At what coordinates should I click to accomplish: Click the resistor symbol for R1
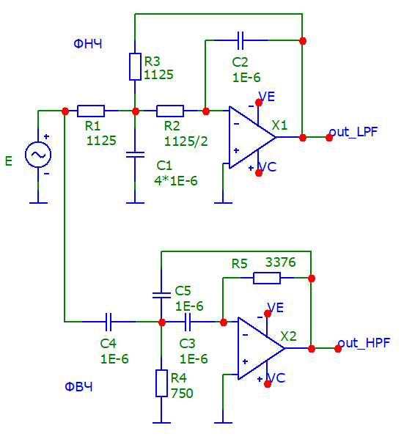click(x=91, y=111)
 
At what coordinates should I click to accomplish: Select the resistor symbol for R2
click(x=170, y=111)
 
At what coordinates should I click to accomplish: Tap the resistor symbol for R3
click(x=135, y=67)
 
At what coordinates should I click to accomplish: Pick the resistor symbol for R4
click(x=161, y=383)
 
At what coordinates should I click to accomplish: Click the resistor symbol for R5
click(x=267, y=278)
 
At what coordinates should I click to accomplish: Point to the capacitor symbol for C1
click(x=135, y=155)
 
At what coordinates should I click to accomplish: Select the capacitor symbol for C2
click(x=240, y=40)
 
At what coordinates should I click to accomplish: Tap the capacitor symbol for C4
click(x=109, y=322)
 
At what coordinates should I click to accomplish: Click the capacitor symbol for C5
click(x=161, y=295)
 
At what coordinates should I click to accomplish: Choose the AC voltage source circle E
click(x=38, y=155)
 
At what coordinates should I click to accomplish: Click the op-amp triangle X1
click(x=252, y=137)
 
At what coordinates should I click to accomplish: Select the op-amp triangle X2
click(x=261, y=348)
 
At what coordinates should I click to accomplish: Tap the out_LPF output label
click(x=353, y=132)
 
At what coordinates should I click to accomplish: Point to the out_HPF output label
click(x=364, y=343)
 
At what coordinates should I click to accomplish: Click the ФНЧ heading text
click(x=88, y=44)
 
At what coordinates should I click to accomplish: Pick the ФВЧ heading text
click(x=78, y=387)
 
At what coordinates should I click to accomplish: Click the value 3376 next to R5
click(x=280, y=262)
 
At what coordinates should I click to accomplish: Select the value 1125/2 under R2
click(x=186, y=141)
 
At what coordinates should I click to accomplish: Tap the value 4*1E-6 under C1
click(x=176, y=181)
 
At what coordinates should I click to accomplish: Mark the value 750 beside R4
click(x=182, y=394)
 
